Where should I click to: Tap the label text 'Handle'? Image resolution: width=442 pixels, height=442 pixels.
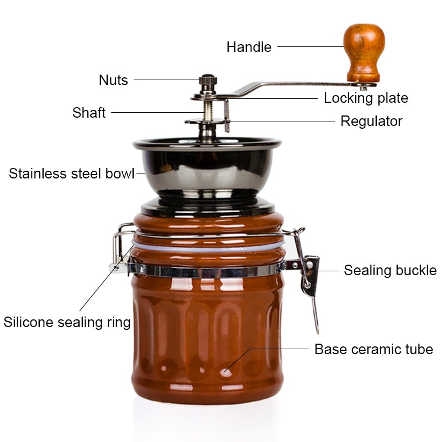click(249, 48)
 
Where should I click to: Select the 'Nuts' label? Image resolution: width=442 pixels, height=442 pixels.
click(113, 80)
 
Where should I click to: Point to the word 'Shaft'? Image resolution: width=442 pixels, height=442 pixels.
click(88, 113)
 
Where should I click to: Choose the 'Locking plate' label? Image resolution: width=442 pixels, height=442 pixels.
click(366, 98)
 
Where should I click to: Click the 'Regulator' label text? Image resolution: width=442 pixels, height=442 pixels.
click(371, 121)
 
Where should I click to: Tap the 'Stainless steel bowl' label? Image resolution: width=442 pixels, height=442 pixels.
click(71, 173)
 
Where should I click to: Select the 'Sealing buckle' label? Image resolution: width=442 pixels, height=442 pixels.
click(390, 270)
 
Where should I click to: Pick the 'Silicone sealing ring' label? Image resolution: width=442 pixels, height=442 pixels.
click(67, 322)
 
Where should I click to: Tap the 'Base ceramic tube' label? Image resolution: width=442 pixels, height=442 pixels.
click(373, 349)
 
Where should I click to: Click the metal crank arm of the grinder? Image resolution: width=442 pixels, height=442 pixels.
click(287, 86)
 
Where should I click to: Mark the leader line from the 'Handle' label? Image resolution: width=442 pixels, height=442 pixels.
click(309, 47)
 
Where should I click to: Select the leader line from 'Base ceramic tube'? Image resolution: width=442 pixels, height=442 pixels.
click(271, 349)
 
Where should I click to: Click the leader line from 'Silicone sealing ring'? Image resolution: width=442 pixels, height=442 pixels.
click(105, 282)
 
